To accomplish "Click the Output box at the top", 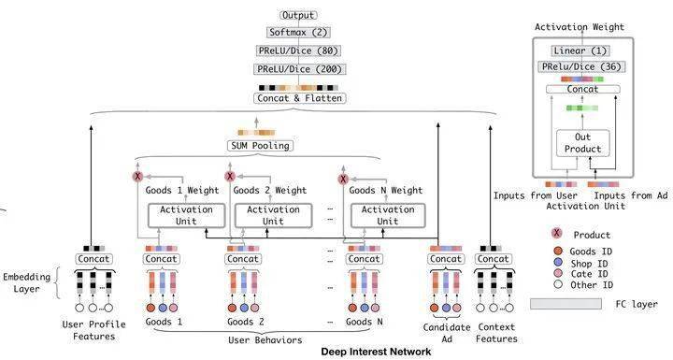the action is pyautogui.click(x=298, y=16).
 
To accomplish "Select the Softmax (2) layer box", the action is pyautogui.click(x=298, y=32).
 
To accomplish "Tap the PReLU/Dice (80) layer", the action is pyautogui.click(x=298, y=50).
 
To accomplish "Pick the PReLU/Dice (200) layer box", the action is pyautogui.click(x=299, y=69).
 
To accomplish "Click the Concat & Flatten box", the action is pyautogui.click(x=300, y=98).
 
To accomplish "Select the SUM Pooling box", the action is pyautogui.click(x=260, y=146).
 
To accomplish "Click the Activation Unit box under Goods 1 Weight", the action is pyautogui.click(x=186, y=216).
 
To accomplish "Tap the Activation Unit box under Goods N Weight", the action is pyautogui.click(x=388, y=216).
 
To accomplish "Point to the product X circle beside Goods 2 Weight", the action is pyautogui.click(x=230, y=176).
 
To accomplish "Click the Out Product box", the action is pyautogui.click(x=583, y=143).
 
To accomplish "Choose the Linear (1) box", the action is pyautogui.click(x=580, y=50).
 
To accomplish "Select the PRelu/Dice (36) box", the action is pyautogui.click(x=581, y=66).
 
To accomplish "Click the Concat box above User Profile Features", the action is pyautogui.click(x=93, y=259).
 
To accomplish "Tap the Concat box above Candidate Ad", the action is pyautogui.click(x=446, y=259).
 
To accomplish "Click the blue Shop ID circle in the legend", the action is pyautogui.click(x=558, y=263).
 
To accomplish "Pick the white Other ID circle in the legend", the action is pyautogui.click(x=558, y=284).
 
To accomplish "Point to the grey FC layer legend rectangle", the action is pyautogui.click(x=566, y=304).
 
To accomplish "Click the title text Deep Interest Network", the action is pyautogui.click(x=376, y=352).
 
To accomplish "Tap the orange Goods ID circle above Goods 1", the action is pyautogui.click(x=150, y=308).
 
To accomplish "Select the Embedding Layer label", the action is pyautogui.click(x=26, y=282).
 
